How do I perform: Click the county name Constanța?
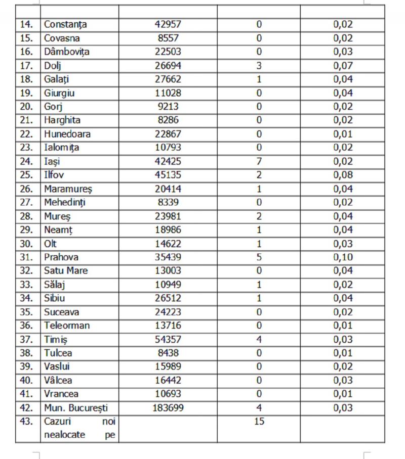pos(65,24)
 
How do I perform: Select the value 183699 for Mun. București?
pos(168,408)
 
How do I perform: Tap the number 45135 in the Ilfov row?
pos(168,175)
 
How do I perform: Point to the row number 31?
pos(27,257)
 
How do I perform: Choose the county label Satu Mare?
pos(66,271)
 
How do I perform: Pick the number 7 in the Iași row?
pos(259,162)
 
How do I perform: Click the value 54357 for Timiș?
pos(168,339)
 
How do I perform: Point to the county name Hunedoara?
pos(67,134)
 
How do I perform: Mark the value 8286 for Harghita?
pos(168,120)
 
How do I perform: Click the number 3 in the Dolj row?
pos(259,66)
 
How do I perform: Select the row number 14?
pos(27,24)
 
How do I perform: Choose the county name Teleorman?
pos(67,326)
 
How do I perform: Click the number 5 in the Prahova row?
pos(259,257)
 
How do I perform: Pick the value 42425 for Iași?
pos(168,162)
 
